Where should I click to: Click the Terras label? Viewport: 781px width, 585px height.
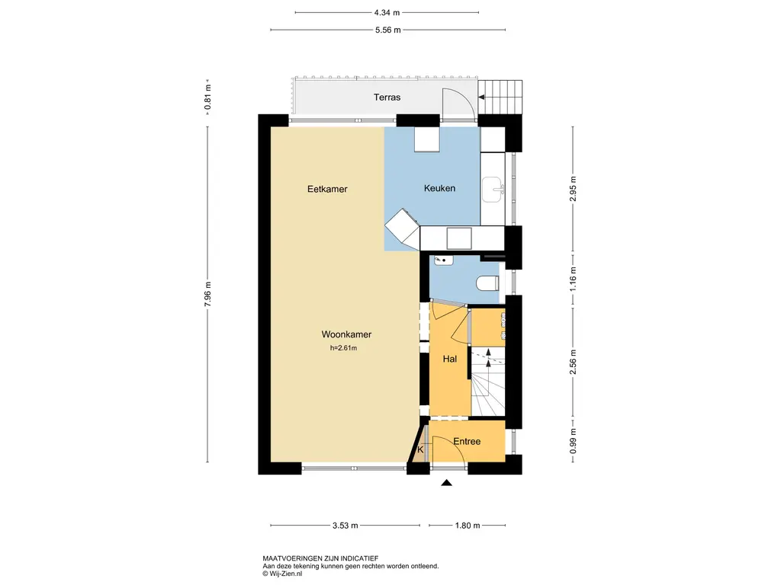(x=387, y=97)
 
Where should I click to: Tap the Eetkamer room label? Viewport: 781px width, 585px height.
(x=327, y=189)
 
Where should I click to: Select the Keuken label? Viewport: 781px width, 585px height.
(x=439, y=188)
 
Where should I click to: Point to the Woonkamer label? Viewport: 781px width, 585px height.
(x=346, y=334)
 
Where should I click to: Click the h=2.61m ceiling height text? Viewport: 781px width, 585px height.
(x=343, y=348)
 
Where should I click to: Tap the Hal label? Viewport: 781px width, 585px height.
(x=450, y=359)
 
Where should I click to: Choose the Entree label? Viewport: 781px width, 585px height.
(x=467, y=441)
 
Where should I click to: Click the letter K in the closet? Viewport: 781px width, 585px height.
(x=420, y=449)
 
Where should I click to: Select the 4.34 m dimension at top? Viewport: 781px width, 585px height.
(x=387, y=12)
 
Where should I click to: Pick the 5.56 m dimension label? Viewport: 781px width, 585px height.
(x=388, y=30)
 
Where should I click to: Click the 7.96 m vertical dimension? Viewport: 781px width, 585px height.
(x=207, y=294)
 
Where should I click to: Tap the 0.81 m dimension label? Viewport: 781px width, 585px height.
(x=207, y=97)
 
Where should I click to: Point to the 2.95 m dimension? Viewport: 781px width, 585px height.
(x=573, y=189)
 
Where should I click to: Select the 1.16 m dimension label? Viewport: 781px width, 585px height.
(x=573, y=280)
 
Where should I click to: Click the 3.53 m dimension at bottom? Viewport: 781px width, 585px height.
(x=346, y=526)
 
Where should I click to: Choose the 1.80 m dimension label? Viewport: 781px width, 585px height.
(x=468, y=526)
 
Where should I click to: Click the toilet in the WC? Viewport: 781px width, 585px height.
(x=487, y=283)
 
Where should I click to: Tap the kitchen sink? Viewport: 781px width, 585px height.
(x=493, y=190)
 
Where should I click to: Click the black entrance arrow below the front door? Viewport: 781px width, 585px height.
(x=446, y=482)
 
